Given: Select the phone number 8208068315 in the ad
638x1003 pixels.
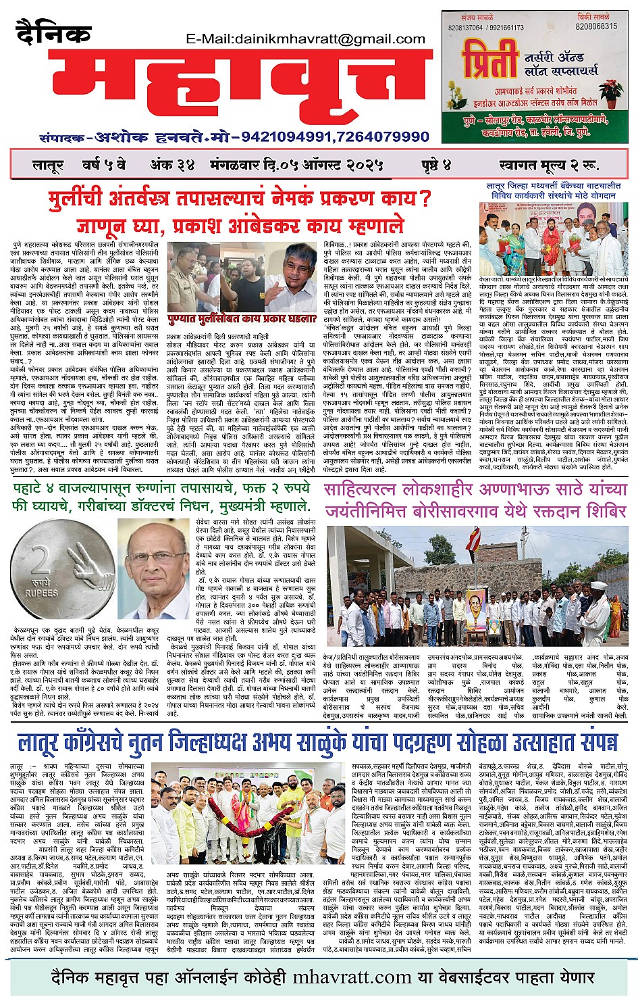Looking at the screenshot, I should (x=596, y=26).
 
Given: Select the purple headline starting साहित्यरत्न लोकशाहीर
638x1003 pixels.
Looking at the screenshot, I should (x=475, y=499).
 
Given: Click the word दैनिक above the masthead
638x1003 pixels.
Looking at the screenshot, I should (x=53, y=32).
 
